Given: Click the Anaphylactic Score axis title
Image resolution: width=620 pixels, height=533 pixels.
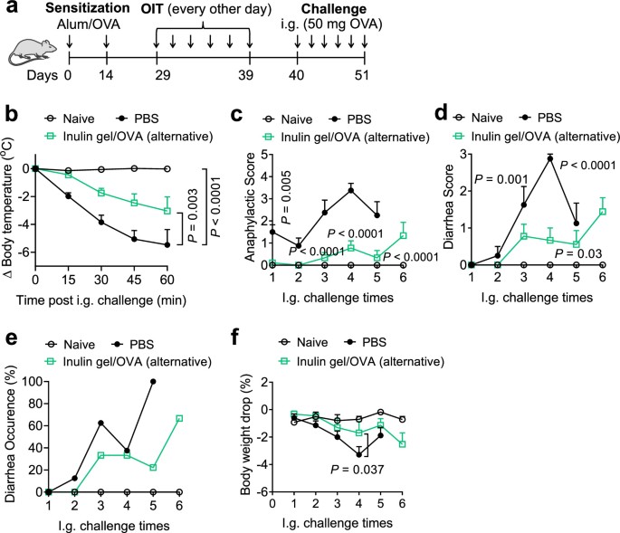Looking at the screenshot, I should [240, 206].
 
